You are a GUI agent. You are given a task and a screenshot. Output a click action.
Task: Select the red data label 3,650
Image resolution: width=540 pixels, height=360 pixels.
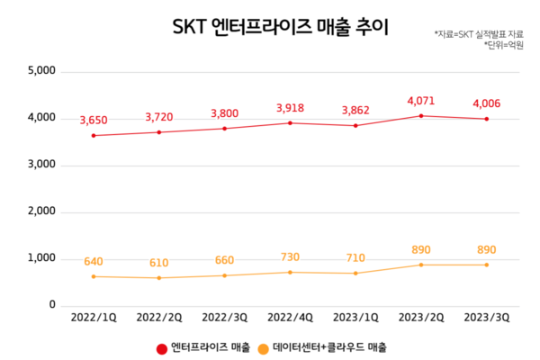93,121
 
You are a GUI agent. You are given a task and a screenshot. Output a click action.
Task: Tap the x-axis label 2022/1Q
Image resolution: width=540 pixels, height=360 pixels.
93,319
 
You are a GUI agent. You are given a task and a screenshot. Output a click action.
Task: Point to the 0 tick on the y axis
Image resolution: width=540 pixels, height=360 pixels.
52,305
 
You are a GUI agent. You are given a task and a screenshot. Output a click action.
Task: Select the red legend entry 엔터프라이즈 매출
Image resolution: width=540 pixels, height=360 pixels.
203,347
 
